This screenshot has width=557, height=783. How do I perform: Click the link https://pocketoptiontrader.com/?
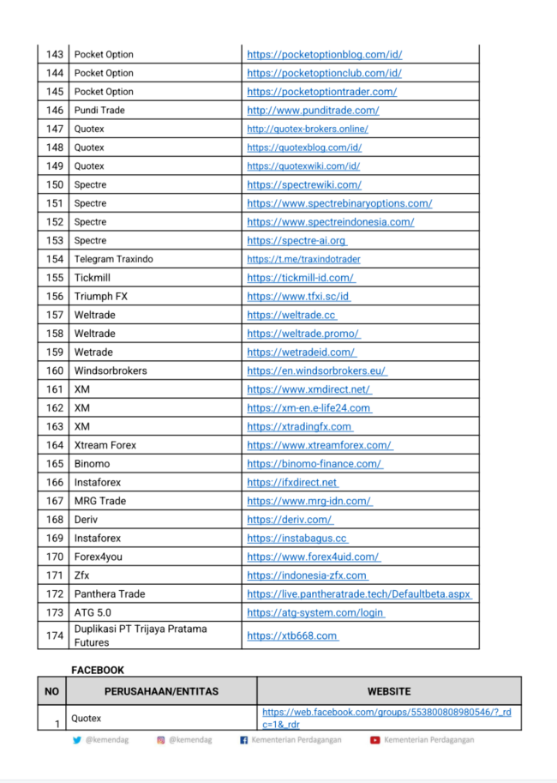(321, 92)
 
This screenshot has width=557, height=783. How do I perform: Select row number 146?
(55, 111)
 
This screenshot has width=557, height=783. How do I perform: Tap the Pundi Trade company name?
(99, 111)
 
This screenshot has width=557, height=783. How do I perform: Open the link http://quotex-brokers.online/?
(307, 129)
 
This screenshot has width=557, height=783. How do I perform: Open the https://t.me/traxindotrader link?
(303, 259)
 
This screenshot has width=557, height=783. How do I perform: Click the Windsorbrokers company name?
(111, 370)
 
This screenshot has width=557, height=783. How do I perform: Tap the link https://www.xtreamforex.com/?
(319, 445)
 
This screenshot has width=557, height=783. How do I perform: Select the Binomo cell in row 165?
(92, 464)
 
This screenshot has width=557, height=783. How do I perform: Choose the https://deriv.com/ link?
(290, 520)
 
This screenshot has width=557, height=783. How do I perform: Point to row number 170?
(55, 557)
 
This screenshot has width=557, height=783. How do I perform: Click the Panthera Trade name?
(110, 593)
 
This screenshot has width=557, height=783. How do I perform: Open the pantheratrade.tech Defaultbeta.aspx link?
(359, 593)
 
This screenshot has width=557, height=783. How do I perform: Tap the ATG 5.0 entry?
(93, 612)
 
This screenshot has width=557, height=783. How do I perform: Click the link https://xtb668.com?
(292, 635)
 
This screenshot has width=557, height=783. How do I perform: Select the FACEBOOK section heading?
(97, 670)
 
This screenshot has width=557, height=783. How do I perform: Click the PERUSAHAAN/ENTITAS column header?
(161, 691)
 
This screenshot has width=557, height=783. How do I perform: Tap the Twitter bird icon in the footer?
(78, 740)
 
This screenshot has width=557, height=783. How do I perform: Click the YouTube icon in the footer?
(375, 740)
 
